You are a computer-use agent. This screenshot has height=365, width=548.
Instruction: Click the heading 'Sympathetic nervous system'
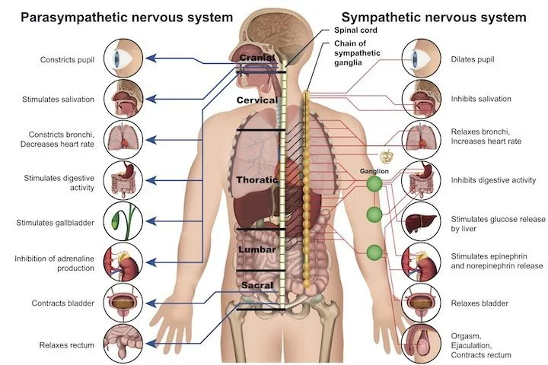coord(434,16)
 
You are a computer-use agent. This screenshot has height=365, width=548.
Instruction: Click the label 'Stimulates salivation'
coord(59,99)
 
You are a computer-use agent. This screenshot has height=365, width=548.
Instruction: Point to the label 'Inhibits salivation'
coord(481,99)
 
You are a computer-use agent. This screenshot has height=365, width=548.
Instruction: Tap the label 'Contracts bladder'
coord(62,303)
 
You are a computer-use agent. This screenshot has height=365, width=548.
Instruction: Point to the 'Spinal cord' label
coord(355,30)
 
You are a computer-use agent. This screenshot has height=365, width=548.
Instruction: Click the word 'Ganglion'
coord(374,171)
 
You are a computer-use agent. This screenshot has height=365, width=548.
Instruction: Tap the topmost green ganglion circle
coord(374,184)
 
